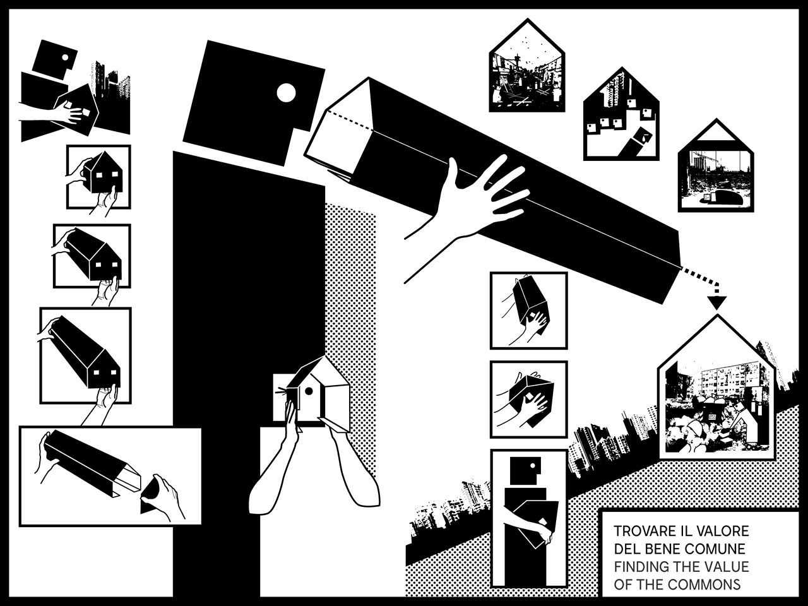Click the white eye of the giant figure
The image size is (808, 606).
(x=286, y=93)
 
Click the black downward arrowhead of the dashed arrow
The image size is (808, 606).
(x=716, y=302)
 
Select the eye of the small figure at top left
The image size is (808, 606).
(x=65, y=57)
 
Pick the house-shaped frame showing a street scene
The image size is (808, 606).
(x=526, y=66)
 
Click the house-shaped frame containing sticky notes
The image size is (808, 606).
(x=621, y=114)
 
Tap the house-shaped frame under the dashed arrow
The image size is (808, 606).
(x=716, y=387)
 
